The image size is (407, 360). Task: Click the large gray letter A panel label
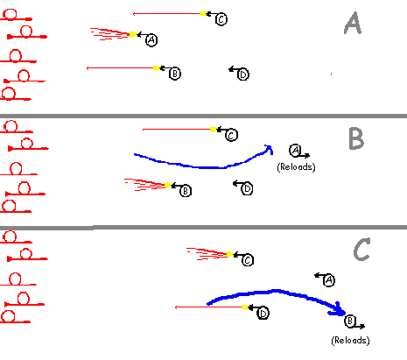pyautogui.click(x=353, y=24)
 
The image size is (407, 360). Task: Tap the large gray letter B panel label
pyautogui.click(x=356, y=138)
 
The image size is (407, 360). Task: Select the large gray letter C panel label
pyautogui.click(x=362, y=249)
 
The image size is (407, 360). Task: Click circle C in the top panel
pyautogui.click(x=221, y=19)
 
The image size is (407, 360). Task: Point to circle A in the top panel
pyautogui.click(x=151, y=40)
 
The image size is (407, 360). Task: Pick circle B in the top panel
pyautogui.click(x=175, y=74)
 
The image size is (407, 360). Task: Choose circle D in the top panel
pyautogui.click(x=243, y=74)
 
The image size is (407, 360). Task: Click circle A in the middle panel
pyautogui.click(x=295, y=151)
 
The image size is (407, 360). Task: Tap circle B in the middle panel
pyautogui.click(x=186, y=191)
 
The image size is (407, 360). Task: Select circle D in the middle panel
pyautogui.click(x=247, y=188)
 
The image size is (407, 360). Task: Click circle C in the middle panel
pyautogui.click(x=231, y=135)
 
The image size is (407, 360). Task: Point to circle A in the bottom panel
pyautogui.click(x=329, y=280)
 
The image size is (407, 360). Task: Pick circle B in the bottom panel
pyautogui.click(x=350, y=321)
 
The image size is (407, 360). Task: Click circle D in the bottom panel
pyautogui.click(x=263, y=314)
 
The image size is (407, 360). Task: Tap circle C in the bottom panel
pyautogui.click(x=248, y=260)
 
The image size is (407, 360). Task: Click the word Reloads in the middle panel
pyautogui.click(x=296, y=167)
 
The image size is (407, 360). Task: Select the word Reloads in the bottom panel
pyautogui.click(x=350, y=341)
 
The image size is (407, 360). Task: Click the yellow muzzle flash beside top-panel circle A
pyautogui.click(x=132, y=34)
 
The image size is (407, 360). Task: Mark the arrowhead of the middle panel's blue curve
pyautogui.click(x=269, y=149)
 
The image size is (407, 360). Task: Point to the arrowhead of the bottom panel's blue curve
pyautogui.click(x=339, y=310)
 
